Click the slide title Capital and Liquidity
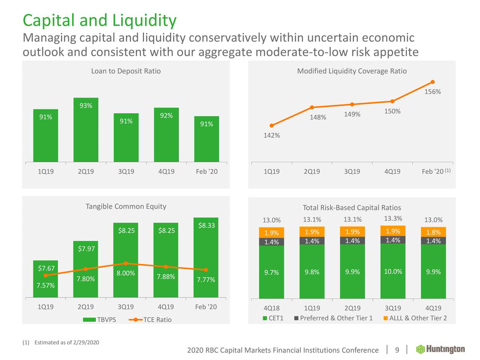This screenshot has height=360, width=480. click(99, 20)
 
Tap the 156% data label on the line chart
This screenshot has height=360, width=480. click(432, 92)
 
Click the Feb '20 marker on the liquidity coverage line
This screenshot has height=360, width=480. click(433, 82)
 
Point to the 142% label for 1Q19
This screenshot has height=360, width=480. click(271, 135)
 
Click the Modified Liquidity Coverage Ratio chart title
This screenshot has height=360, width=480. click(352, 71)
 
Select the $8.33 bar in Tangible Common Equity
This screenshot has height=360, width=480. click(206, 259)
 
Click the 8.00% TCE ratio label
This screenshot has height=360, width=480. click(126, 273)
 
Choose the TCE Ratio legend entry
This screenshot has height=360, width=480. click(150, 319)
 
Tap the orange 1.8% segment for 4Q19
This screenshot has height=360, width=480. click(433, 232)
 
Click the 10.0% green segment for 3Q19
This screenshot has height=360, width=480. click(393, 271)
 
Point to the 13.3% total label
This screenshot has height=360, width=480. click(393, 219)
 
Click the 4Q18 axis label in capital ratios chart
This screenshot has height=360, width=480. click(271, 308)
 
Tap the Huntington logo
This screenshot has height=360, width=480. click(441, 349)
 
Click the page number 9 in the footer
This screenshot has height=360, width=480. click(397, 350)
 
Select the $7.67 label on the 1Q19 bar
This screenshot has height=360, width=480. click(46, 268)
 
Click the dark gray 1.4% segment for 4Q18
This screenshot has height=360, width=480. click(271, 242)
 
